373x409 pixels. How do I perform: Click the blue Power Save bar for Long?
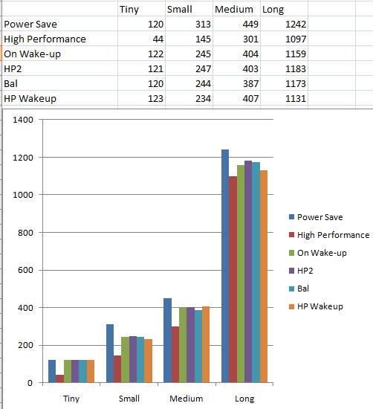(x=225, y=266)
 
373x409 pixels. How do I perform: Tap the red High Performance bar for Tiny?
(x=59, y=379)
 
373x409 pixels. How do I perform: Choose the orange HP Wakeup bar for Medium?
(x=206, y=344)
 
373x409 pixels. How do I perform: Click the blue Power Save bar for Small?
(x=110, y=353)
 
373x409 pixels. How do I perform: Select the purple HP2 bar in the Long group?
(x=248, y=271)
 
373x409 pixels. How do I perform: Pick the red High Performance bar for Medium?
(x=175, y=355)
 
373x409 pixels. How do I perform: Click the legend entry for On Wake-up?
(x=318, y=253)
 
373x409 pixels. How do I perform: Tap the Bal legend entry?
(x=299, y=289)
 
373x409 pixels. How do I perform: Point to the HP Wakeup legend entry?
(x=316, y=306)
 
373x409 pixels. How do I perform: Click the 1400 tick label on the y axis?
(x=23, y=120)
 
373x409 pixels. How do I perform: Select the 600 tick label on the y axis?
(x=25, y=270)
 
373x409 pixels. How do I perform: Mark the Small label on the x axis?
(x=129, y=399)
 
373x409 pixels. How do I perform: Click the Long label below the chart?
(x=244, y=399)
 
